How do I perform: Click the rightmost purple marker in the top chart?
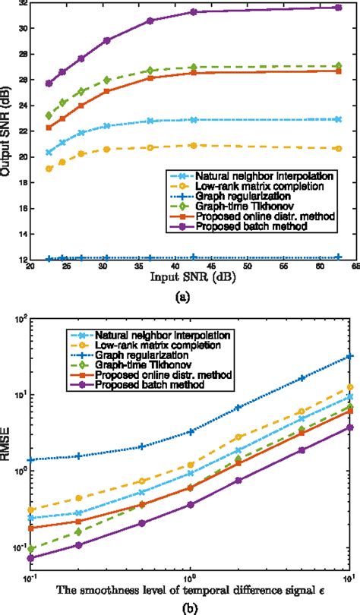click(338, 8)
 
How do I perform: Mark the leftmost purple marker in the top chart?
click(49, 84)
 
